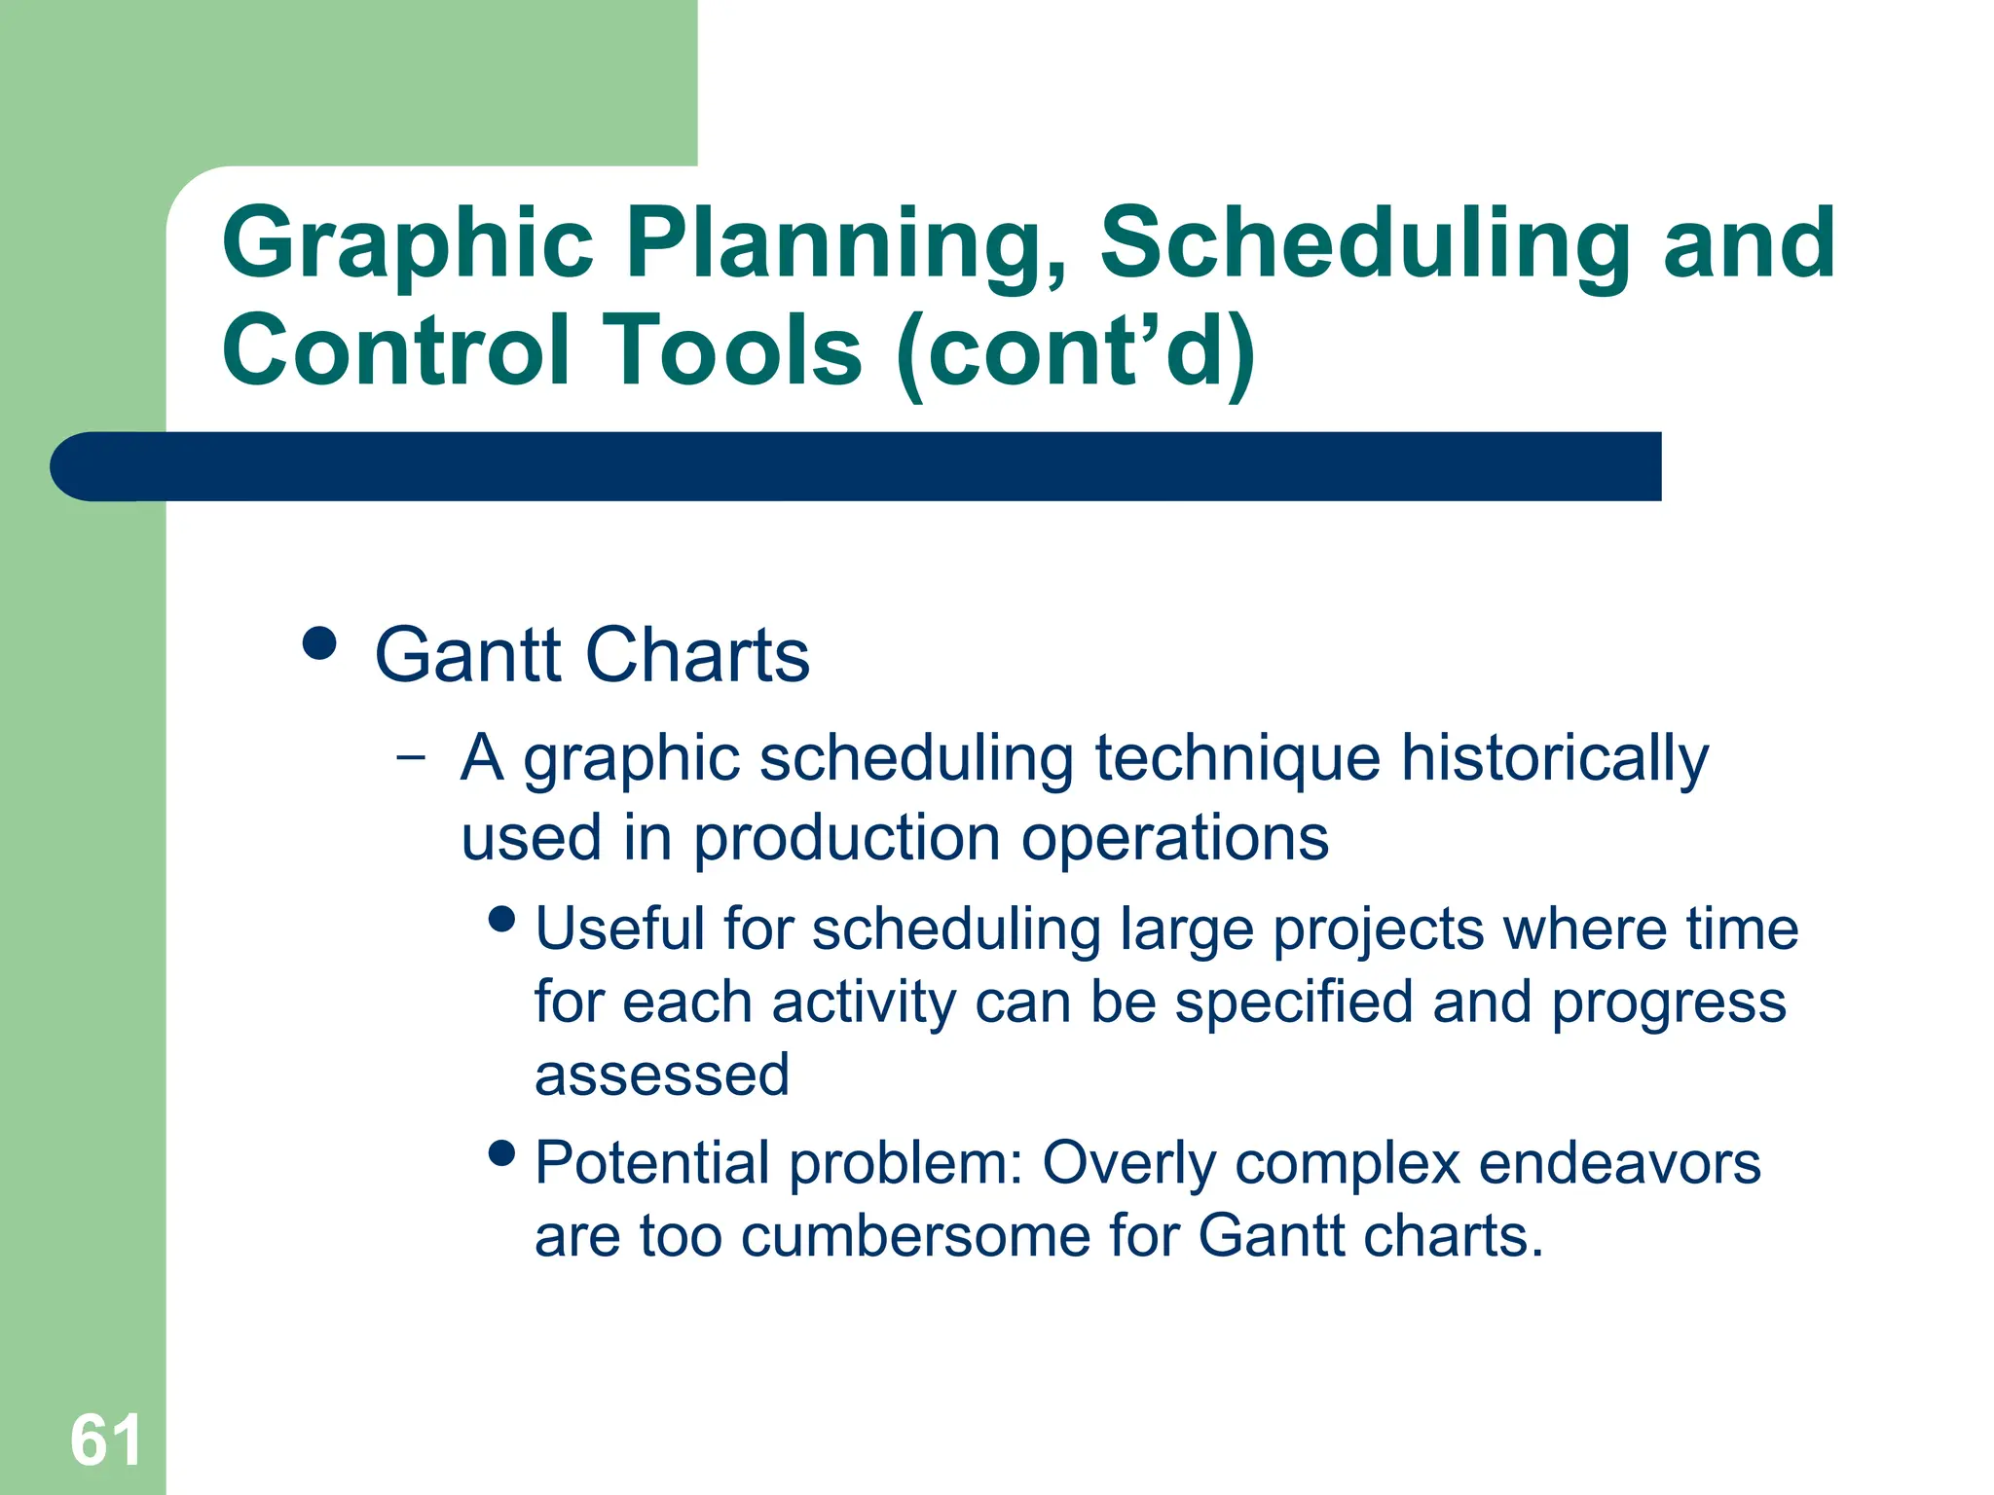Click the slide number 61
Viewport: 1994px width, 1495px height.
(x=105, y=1440)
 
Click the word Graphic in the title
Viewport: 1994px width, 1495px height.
(x=407, y=245)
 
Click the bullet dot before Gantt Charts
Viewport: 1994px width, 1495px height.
(x=319, y=643)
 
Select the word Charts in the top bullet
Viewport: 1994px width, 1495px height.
(x=697, y=655)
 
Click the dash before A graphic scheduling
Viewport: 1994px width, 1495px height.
(x=412, y=756)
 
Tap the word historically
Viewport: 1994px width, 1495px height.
(x=1554, y=759)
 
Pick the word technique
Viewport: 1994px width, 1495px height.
(x=1237, y=759)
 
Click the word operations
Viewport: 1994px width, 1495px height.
(x=1174, y=839)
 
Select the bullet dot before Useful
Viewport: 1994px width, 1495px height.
(x=502, y=919)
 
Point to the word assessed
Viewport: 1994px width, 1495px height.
(x=662, y=1076)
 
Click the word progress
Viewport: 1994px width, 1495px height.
(x=1668, y=1004)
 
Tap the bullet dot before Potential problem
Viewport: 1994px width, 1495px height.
(x=502, y=1154)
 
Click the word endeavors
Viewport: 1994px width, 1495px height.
(x=1619, y=1163)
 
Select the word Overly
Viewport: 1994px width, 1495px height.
(x=1128, y=1165)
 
